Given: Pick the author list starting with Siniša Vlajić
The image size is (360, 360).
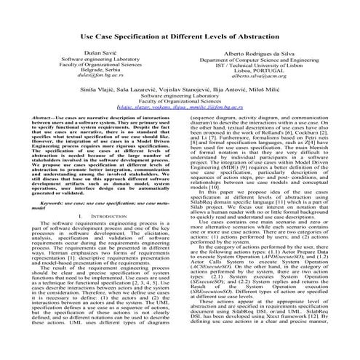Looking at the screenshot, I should point(180,106).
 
